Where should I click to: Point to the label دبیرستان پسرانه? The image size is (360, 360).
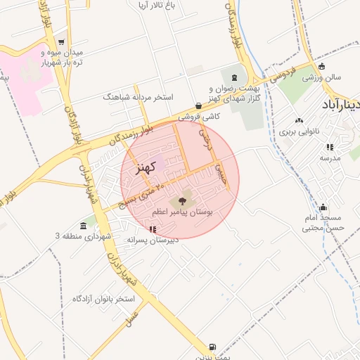153,239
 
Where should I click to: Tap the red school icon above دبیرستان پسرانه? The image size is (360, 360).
153,229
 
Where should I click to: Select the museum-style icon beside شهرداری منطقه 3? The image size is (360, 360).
84,226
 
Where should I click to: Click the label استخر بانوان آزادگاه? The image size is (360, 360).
103,299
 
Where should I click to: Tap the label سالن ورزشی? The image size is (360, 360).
322,77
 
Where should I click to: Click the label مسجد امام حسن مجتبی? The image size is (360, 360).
323,222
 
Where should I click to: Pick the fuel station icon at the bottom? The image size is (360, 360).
212,347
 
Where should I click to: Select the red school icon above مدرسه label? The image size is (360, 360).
329,147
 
